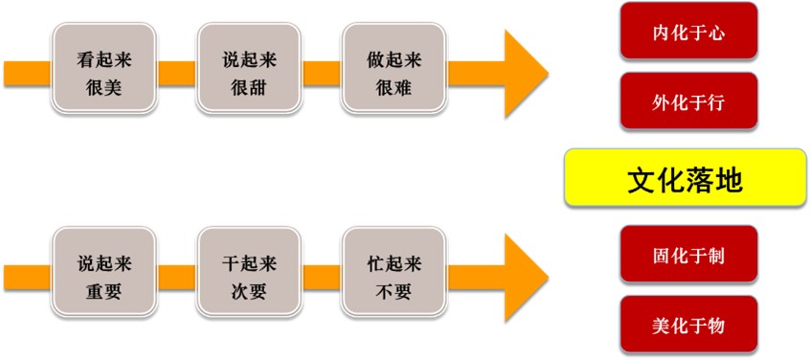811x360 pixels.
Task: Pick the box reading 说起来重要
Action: click(104, 273)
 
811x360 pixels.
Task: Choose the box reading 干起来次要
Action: click(248, 273)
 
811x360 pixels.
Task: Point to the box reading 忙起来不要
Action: click(394, 273)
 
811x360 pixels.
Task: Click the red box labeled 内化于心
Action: click(688, 32)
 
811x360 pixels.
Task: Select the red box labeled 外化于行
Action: click(688, 101)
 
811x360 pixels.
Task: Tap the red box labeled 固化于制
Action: click(688, 256)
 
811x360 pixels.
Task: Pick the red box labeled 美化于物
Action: click(688, 326)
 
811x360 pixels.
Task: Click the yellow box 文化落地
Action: click(685, 179)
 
